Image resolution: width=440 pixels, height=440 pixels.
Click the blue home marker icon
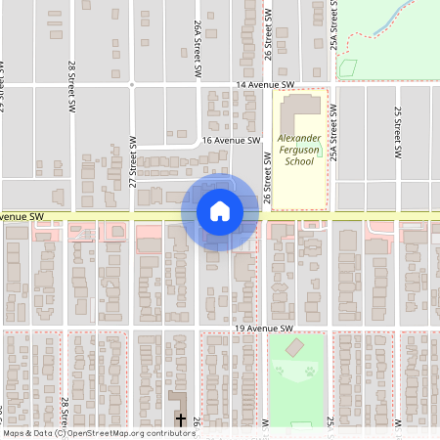pyautogui.click(x=219, y=210)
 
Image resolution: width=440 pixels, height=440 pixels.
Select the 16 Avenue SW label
pyautogui.click(x=233, y=141)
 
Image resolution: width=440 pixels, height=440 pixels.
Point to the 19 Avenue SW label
pyautogui.click(x=265, y=330)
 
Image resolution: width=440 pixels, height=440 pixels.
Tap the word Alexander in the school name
pyautogui.click(x=299, y=139)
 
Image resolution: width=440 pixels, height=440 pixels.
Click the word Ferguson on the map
pyautogui.click(x=299, y=151)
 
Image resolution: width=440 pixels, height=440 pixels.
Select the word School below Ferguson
pyautogui.click(x=299, y=162)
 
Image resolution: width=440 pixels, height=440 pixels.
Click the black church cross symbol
pyautogui.click(x=180, y=419)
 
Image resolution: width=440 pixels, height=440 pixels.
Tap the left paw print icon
pyautogui.click(x=281, y=372)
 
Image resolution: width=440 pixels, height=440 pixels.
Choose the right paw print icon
pyautogui.click(x=310, y=372)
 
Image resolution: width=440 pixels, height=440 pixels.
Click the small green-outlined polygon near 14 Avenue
pyautogui.click(x=346, y=68)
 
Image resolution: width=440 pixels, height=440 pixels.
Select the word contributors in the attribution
pyautogui.click(x=172, y=433)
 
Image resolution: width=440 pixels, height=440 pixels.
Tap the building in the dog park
pyautogui.click(x=294, y=349)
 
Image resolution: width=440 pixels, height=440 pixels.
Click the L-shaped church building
pyautogui.click(x=178, y=403)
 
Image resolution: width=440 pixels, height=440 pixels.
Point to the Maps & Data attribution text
pyautogui.click(x=27, y=433)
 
